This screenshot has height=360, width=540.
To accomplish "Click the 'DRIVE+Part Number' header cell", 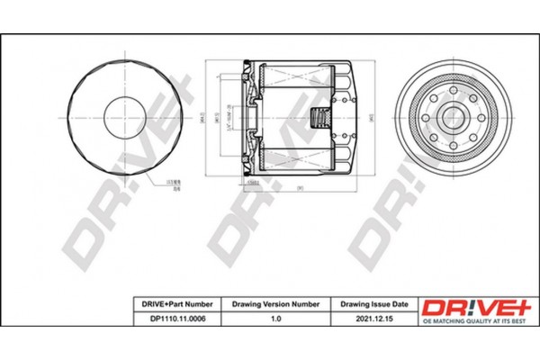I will (x=174, y=304).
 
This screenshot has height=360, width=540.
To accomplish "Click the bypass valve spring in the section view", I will (x=317, y=117).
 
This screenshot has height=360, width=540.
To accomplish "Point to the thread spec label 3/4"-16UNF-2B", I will (x=229, y=117).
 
